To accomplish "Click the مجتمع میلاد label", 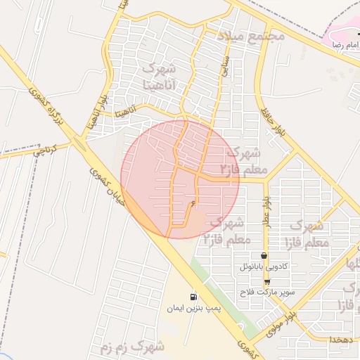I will [x=250, y=35].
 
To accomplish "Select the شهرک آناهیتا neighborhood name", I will [x=158, y=76].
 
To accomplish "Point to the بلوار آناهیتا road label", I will [x=90, y=113].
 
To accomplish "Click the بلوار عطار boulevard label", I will [x=268, y=212].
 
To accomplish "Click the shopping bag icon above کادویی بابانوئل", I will [x=264, y=256].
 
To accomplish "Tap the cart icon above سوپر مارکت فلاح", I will [x=266, y=281].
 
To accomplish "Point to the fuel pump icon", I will [x=193, y=296].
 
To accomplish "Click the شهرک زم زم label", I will [x=141, y=347].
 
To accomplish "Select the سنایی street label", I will [x=225, y=67].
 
